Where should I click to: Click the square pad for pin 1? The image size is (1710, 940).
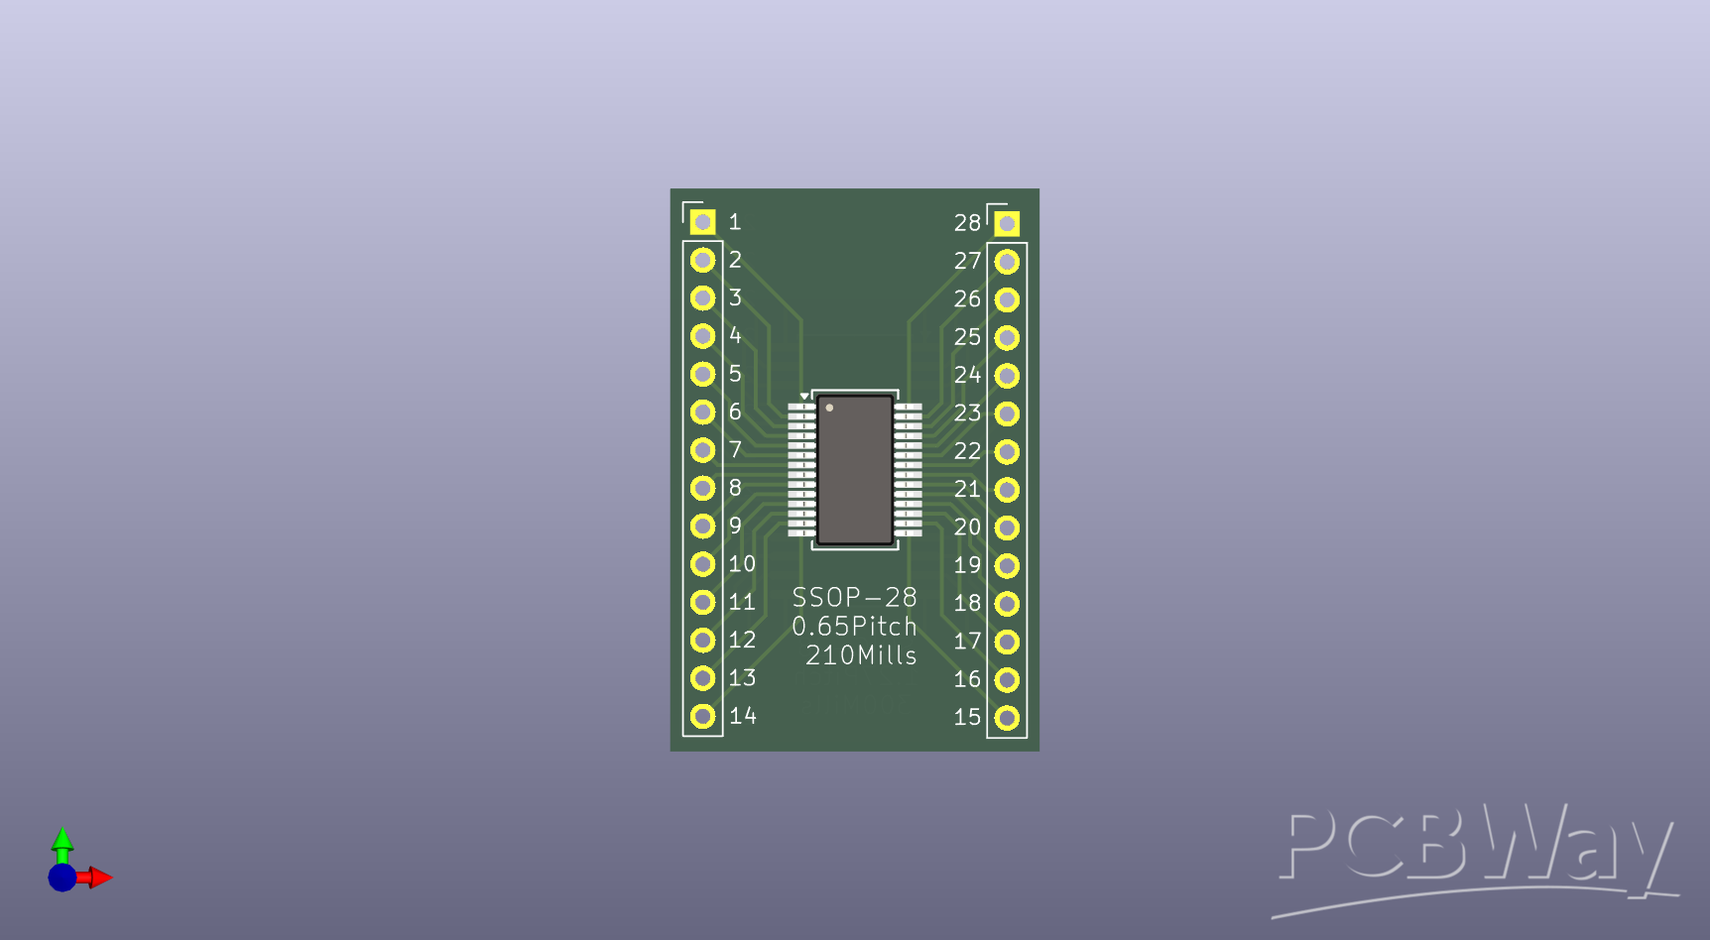click(x=702, y=221)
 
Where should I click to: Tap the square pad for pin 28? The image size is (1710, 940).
click(x=1007, y=223)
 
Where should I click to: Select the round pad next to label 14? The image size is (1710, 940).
click(x=702, y=716)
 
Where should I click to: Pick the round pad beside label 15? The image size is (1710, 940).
click(x=1007, y=718)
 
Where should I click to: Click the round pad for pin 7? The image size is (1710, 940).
click(x=702, y=450)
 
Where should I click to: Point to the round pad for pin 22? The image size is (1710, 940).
click(x=1007, y=452)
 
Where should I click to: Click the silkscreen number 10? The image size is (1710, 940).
click(x=742, y=564)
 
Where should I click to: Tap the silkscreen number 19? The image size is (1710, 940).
click(x=967, y=565)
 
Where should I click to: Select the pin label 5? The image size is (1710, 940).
click(x=735, y=374)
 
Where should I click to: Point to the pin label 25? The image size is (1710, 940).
click(x=967, y=337)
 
